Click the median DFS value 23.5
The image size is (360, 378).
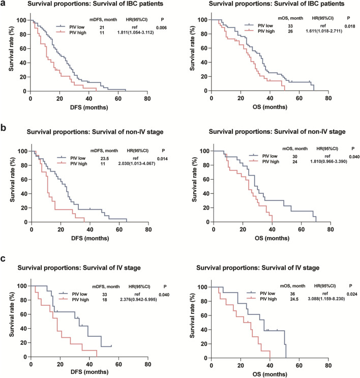[x=94, y=151]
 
